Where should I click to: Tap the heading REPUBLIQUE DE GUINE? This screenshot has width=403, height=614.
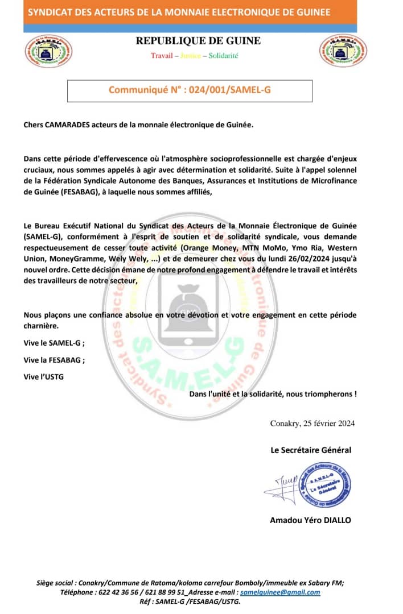click(198, 41)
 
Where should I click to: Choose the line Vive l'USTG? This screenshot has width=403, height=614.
click(44, 376)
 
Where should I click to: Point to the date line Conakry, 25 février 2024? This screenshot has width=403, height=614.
click(312, 423)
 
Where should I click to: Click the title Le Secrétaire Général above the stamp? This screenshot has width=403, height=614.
click(311, 450)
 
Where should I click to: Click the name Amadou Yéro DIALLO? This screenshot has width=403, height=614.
click(310, 520)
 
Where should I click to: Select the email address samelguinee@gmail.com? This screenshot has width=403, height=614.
click(279, 592)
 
